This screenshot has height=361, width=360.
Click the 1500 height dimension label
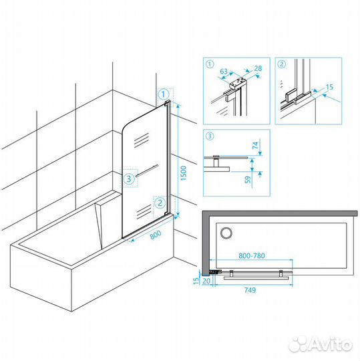pyautogui.click(x=184, y=173)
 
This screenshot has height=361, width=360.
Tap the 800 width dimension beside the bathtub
pyautogui.click(x=156, y=235)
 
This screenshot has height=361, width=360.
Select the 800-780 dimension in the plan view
pyautogui.click(x=252, y=255)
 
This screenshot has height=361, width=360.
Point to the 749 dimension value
pyautogui.click(x=250, y=290)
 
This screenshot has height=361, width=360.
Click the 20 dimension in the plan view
pyautogui.click(x=206, y=281)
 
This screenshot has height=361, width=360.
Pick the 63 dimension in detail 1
pyautogui.click(x=224, y=72)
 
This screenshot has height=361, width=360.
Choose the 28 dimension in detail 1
pyautogui.click(x=258, y=68)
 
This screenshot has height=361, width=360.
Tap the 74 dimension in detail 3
pyautogui.click(x=256, y=146)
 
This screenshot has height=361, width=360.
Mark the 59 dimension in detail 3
pyautogui.click(x=248, y=180)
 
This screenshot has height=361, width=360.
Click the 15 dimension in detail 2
pyautogui.click(x=329, y=87)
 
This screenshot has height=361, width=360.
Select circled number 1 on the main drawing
pyautogui.click(x=164, y=94)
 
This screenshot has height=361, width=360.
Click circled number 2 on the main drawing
pyautogui.click(x=160, y=203)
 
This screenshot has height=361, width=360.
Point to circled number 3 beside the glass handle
pyautogui.click(x=129, y=178)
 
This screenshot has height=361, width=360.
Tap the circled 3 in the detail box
pyautogui.click(x=210, y=136)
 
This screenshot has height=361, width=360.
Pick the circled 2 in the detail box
pyautogui.click(x=282, y=64)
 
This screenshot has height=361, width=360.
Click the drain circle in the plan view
pyautogui.click(x=226, y=233)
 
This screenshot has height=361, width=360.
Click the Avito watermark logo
pyautogui.click(x=321, y=344)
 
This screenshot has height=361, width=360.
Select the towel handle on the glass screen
pyautogui.click(x=147, y=170)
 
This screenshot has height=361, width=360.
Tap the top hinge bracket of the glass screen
pyautogui.click(x=168, y=103)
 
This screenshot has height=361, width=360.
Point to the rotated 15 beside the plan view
pyautogui.click(x=196, y=281)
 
